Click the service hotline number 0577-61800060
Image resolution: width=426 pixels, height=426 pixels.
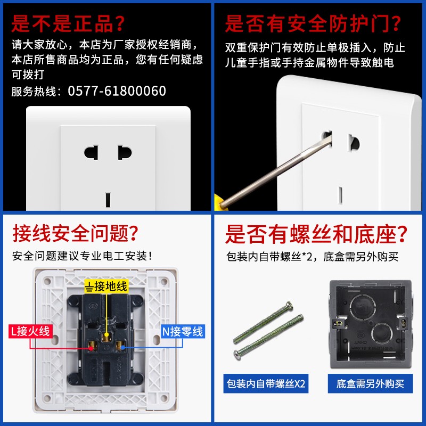pos(117,91)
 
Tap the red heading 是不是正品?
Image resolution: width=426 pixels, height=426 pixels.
pos(68,23)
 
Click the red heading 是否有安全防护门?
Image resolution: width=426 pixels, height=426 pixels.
pos(313,24)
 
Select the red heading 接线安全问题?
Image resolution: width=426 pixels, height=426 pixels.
pos(75,233)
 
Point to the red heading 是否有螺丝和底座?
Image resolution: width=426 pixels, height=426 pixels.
pos(316,234)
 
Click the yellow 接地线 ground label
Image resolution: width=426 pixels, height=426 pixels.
pos(106,286)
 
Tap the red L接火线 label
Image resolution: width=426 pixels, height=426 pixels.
pos(30,331)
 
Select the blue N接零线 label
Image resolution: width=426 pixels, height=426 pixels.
pos(183,331)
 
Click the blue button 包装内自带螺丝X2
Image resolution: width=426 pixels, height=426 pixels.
pos(266,383)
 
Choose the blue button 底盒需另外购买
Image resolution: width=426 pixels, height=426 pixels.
pos(370,383)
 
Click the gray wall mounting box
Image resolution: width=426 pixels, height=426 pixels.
pos(371,324)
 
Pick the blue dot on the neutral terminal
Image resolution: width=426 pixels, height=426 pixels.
pos(123,348)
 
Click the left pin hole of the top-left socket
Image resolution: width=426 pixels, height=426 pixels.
pos(91,152)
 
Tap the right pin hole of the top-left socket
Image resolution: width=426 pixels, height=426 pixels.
pos(125,152)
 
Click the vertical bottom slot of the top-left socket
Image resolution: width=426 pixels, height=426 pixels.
pos(108,200)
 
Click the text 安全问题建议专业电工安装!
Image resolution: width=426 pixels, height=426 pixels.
pos(82,256)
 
